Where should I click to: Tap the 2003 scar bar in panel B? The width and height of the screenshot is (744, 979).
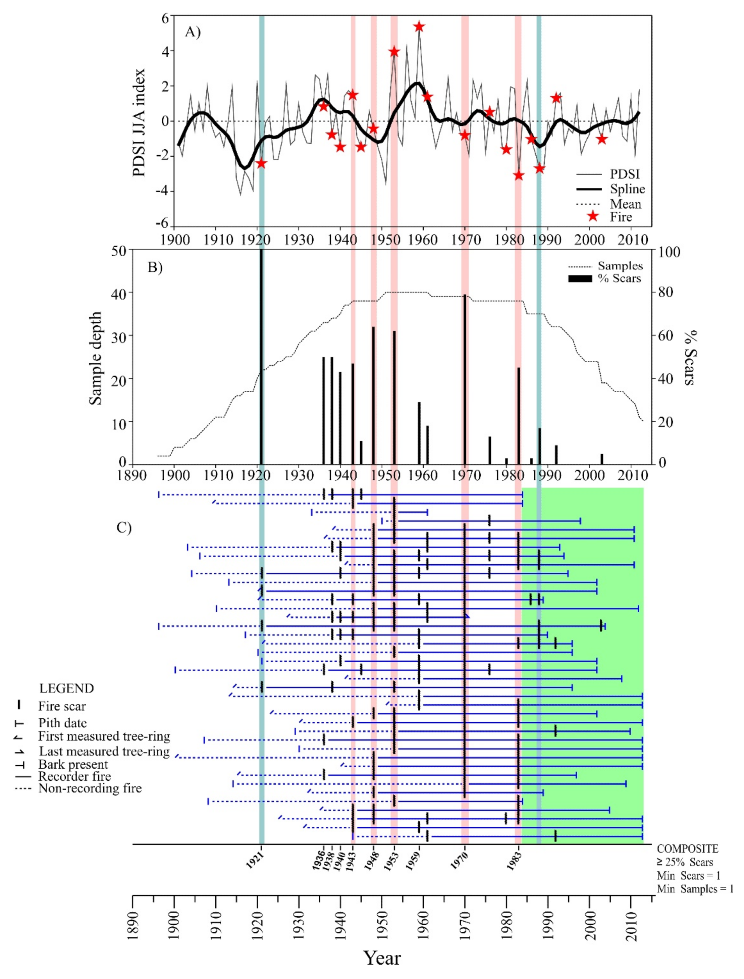602,458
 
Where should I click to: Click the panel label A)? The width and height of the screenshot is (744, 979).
193,32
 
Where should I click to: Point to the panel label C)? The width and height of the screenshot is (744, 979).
124,528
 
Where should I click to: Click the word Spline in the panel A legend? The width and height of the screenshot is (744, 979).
627,189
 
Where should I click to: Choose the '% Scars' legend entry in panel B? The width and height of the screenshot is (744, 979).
620,278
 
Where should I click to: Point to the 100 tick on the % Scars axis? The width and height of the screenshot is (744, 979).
669,252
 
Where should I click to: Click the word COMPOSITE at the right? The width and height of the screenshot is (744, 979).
687,849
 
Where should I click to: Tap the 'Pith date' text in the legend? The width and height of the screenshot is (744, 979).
62,723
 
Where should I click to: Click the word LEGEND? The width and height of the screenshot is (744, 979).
66,688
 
